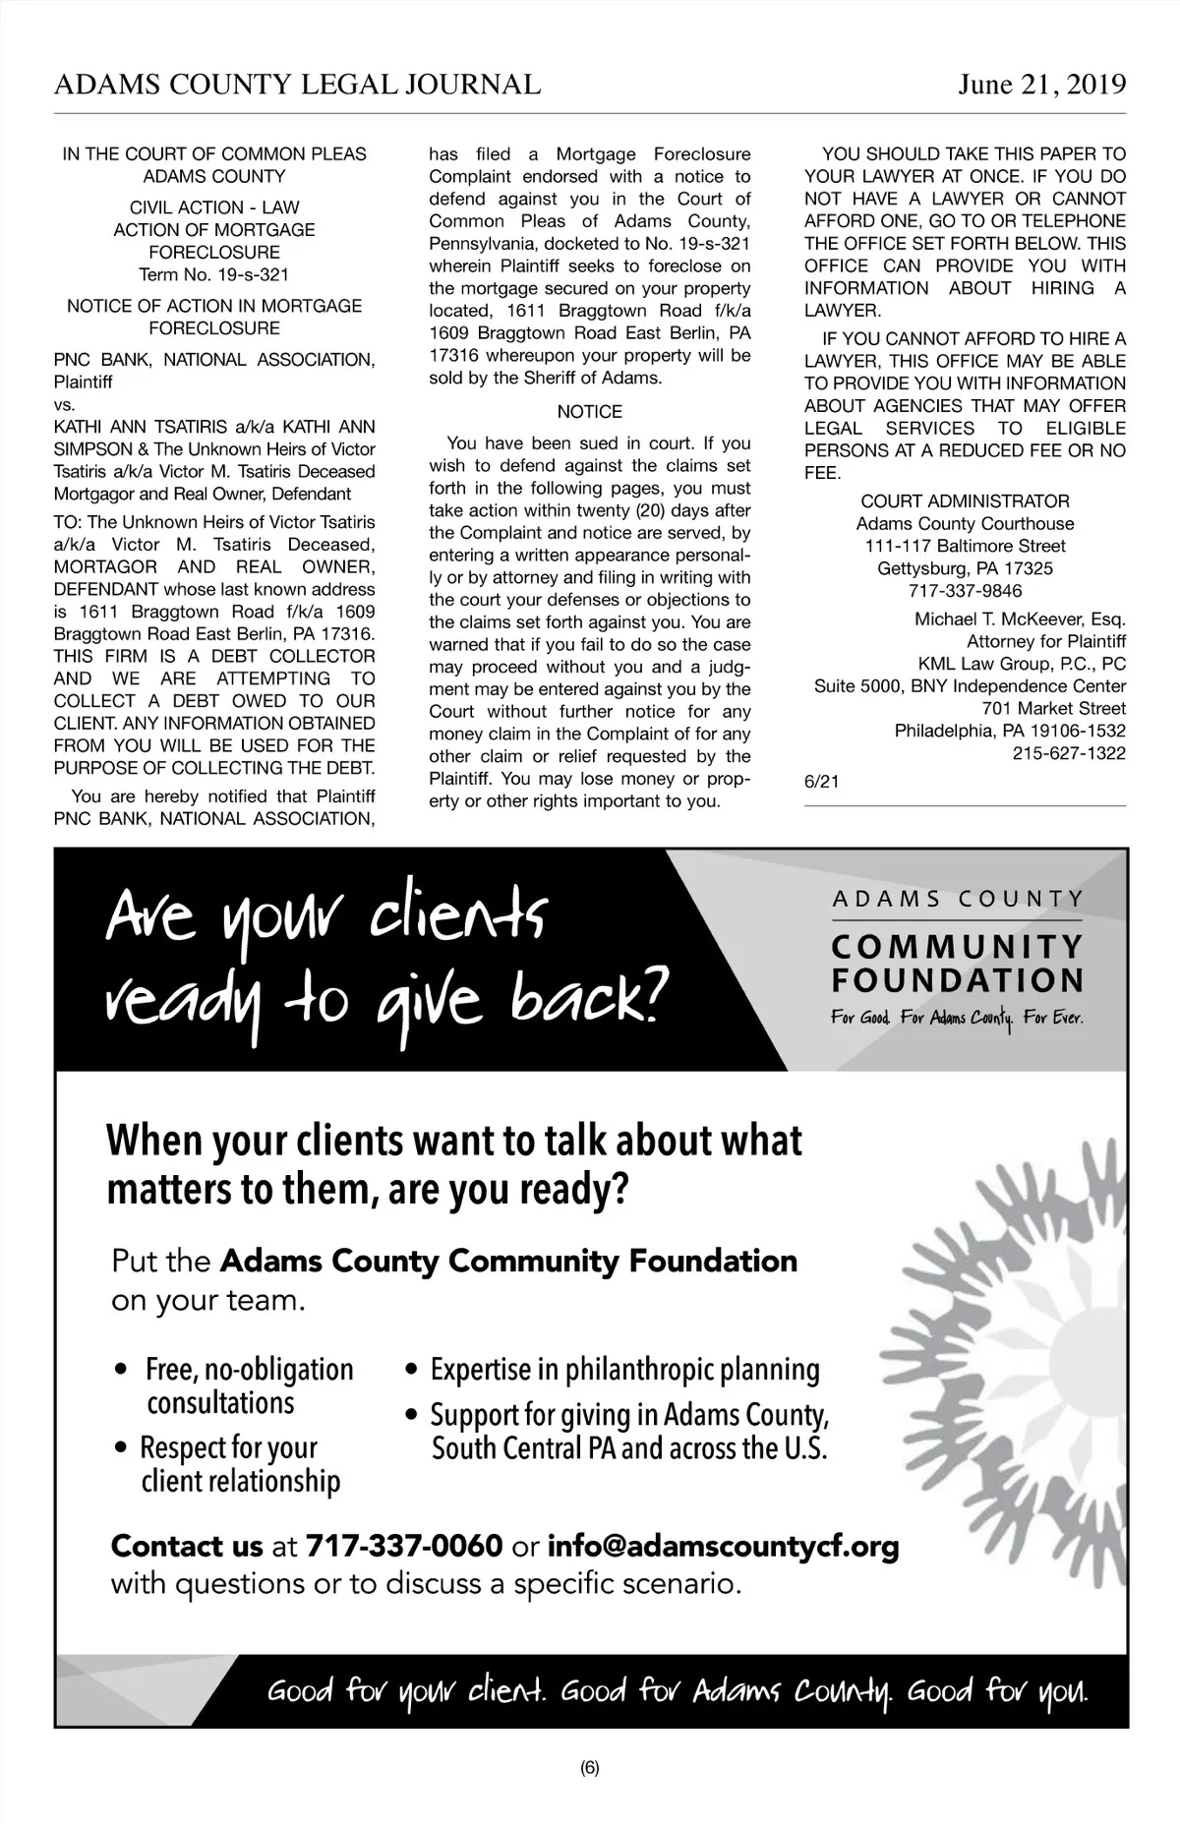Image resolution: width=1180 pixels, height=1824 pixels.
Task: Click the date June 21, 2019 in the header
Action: pyautogui.click(x=1041, y=86)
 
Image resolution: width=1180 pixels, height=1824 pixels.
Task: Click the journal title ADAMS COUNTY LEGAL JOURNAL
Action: pyautogui.click(x=297, y=86)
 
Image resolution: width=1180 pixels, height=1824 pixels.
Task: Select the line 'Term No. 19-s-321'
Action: pyautogui.click(x=214, y=274)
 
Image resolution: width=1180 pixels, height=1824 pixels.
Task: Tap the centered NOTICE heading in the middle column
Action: pyautogui.click(x=589, y=412)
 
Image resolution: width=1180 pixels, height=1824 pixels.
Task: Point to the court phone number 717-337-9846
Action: pyautogui.click(x=965, y=591)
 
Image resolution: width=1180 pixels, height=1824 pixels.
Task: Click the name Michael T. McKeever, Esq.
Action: pyautogui.click(x=1020, y=619)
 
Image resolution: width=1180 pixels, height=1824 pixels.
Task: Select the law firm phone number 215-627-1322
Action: pyautogui.click(x=1069, y=753)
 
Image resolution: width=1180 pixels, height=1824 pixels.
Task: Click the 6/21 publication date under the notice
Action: pyautogui.click(x=821, y=782)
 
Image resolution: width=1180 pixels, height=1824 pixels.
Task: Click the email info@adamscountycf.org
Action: pyautogui.click(x=723, y=1546)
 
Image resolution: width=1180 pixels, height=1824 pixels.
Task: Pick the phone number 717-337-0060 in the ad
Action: pyautogui.click(x=404, y=1546)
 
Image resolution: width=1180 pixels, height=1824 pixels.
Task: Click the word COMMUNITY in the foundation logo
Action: pyautogui.click(x=957, y=947)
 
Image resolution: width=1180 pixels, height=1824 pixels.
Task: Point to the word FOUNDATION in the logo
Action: pyautogui.click(x=957, y=980)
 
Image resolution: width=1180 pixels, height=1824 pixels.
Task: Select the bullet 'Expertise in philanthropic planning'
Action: pyautogui.click(x=624, y=1369)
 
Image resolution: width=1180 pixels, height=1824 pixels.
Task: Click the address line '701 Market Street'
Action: pyautogui.click(x=1053, y=708)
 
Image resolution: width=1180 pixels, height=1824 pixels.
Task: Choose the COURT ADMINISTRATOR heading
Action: pyautogui.click(x=965, y=501)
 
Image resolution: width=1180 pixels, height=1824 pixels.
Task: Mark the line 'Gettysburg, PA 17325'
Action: pyautogui.click(x=965, y=568)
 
